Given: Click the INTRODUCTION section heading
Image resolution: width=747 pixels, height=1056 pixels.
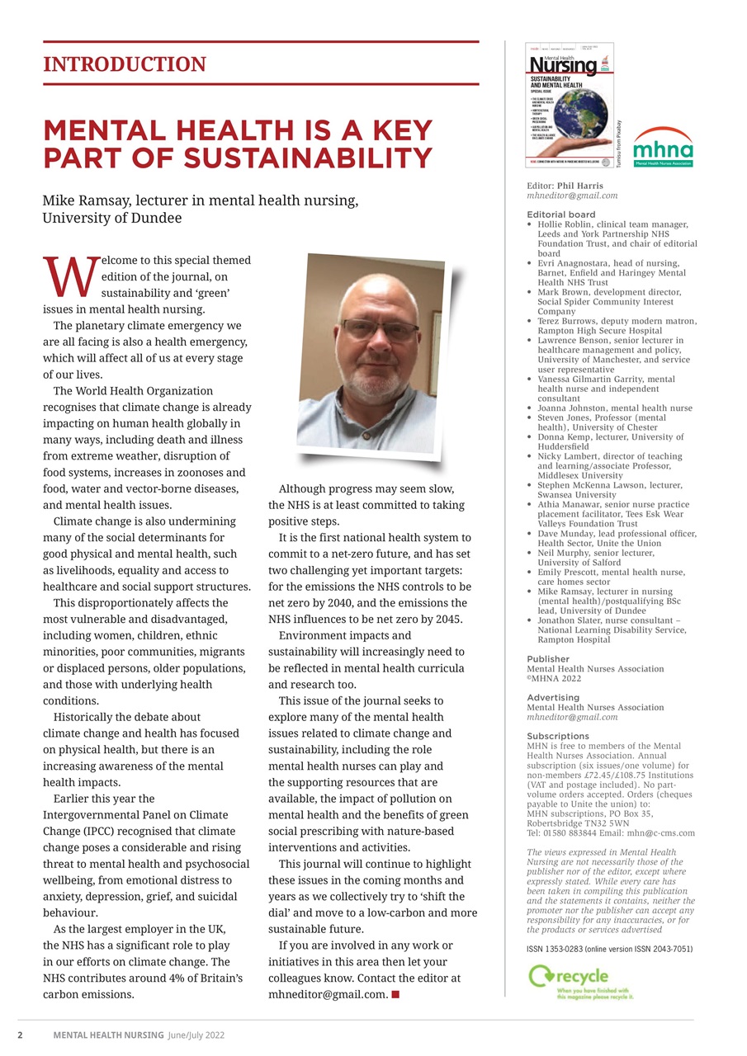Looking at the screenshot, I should (125, 64).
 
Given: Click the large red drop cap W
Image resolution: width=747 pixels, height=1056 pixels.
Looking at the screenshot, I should (70, 277).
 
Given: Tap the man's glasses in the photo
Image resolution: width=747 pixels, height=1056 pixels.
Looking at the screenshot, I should (379, 330).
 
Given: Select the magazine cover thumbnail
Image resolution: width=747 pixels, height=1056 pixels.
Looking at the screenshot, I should (570, 105).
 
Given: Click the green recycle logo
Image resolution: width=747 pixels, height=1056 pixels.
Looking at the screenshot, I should (581, 983).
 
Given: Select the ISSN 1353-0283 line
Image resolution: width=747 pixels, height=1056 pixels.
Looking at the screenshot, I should (609, 950).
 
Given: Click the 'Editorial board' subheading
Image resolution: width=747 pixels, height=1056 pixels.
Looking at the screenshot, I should (560, 214).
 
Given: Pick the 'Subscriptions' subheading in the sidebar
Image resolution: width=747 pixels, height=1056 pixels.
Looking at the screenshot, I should (558, 736).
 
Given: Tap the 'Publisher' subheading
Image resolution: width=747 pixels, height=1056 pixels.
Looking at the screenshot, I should (547, 659).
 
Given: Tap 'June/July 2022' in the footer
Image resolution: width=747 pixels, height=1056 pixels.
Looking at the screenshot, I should (196, 1035).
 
